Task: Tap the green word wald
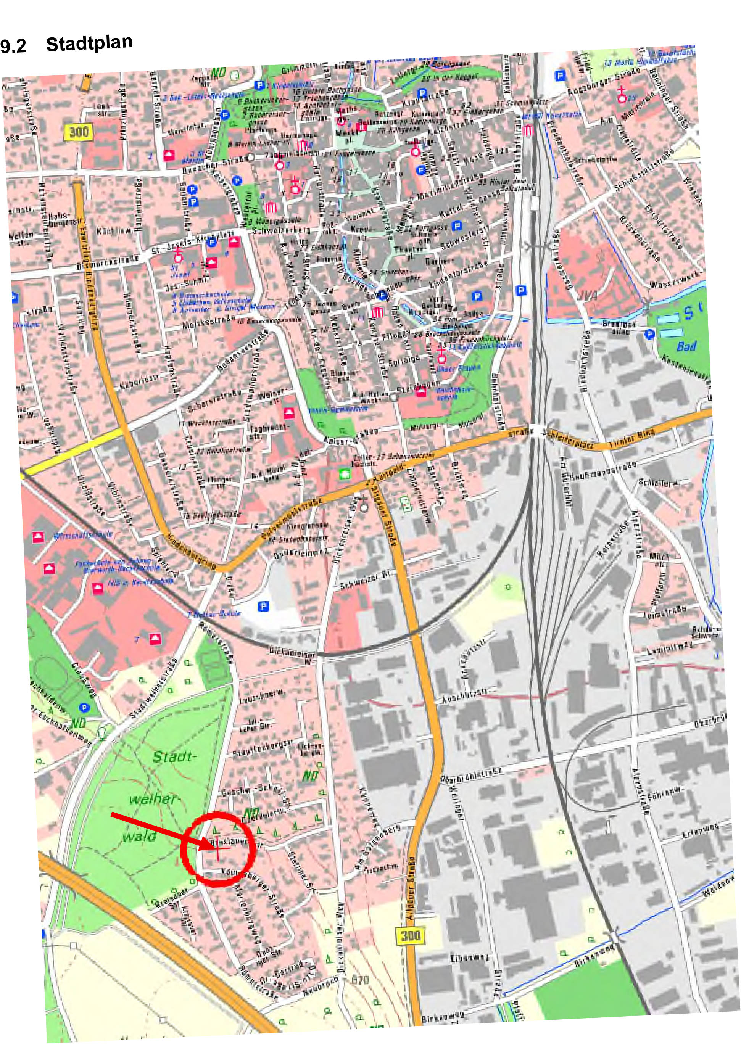(x=139, y=836)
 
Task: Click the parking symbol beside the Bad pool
(x=650, y=334)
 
